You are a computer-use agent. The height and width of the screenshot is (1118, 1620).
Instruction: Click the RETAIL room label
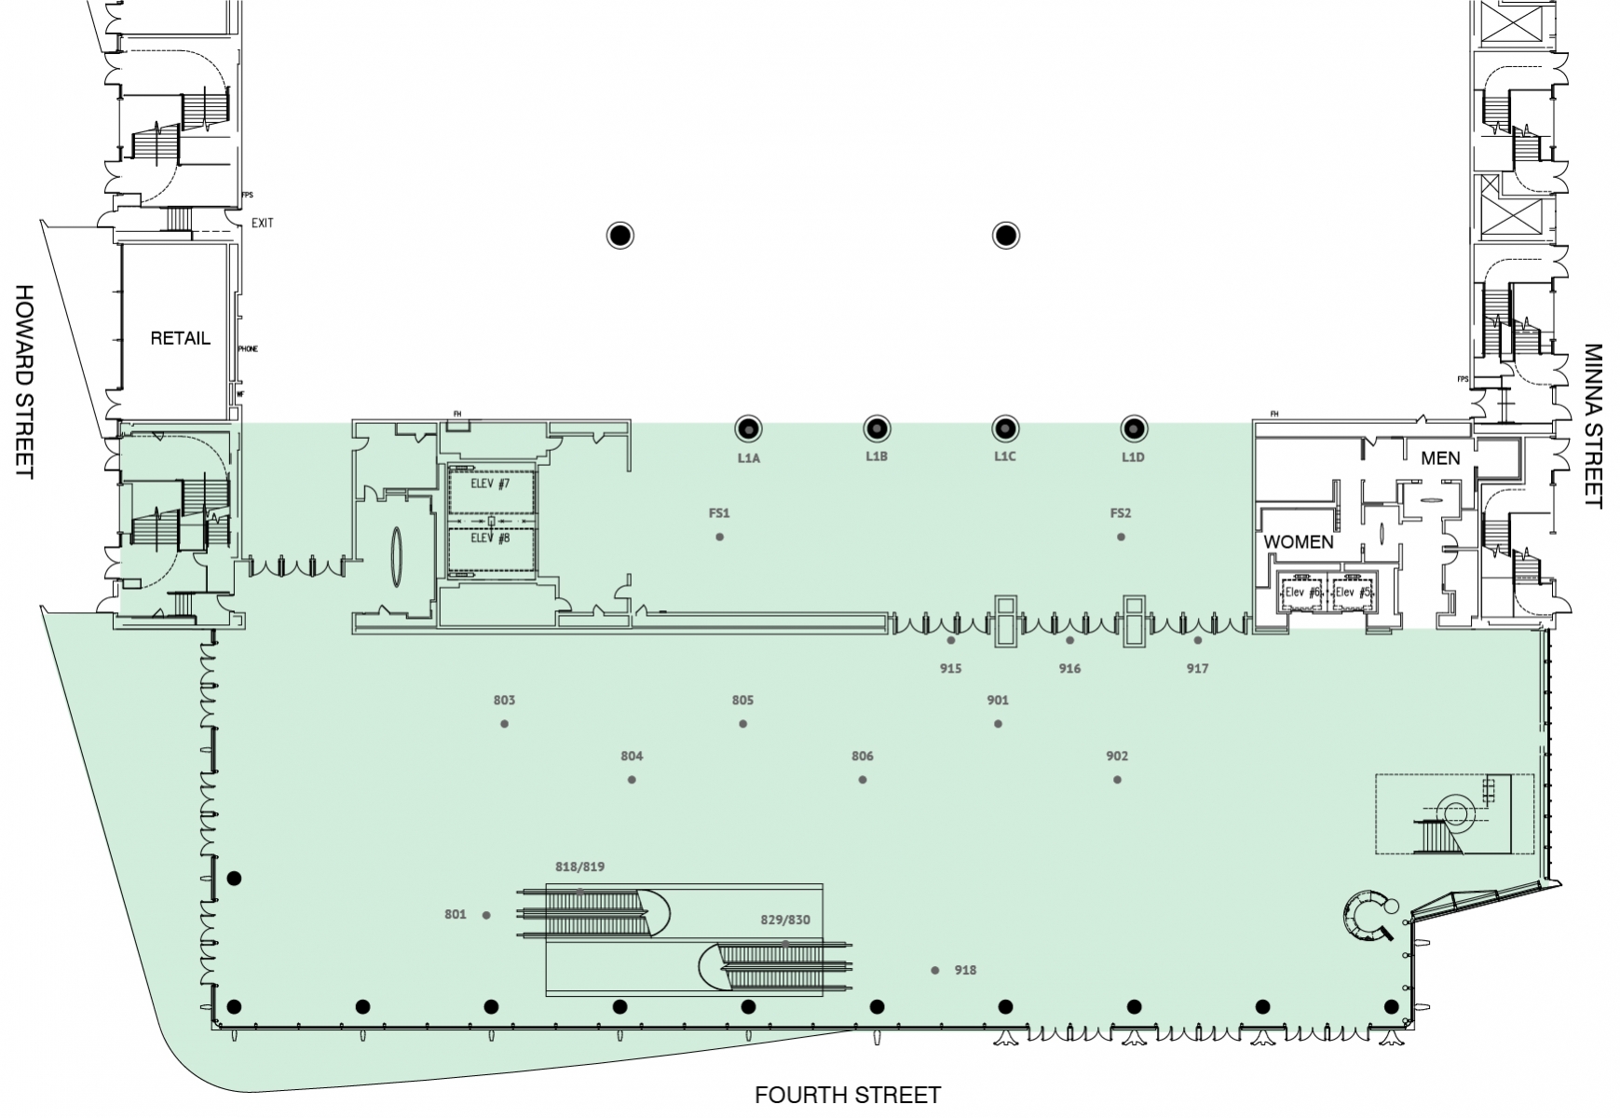180,338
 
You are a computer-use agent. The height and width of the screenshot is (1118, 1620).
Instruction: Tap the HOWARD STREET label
24,382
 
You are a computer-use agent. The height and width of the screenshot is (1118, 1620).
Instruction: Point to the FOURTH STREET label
848,1096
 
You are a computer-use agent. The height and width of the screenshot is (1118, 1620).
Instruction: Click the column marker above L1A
748,429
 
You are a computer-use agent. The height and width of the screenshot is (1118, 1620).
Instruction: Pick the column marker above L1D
1133,429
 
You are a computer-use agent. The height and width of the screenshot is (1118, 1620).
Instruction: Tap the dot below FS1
719,537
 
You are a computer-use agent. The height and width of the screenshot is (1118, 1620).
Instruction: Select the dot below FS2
1121,537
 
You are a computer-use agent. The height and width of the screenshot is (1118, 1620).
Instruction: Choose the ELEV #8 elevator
491,544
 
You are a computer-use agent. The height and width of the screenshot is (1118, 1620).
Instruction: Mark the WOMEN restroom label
1299,541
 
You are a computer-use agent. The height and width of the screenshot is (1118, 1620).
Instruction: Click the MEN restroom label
1440,458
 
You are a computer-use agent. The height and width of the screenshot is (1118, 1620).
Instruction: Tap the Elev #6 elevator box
1301,593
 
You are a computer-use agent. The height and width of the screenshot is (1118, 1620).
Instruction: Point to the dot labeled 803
504,724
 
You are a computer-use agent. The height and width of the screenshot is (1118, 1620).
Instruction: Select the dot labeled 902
1117,780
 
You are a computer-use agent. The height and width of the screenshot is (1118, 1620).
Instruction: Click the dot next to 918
935,971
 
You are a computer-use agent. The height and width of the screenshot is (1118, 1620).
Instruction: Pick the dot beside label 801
486,916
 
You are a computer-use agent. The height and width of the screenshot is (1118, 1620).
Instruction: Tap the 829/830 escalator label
785,920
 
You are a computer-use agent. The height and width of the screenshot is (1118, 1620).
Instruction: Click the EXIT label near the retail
263,224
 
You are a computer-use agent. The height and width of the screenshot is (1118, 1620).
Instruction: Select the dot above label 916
1069,641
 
